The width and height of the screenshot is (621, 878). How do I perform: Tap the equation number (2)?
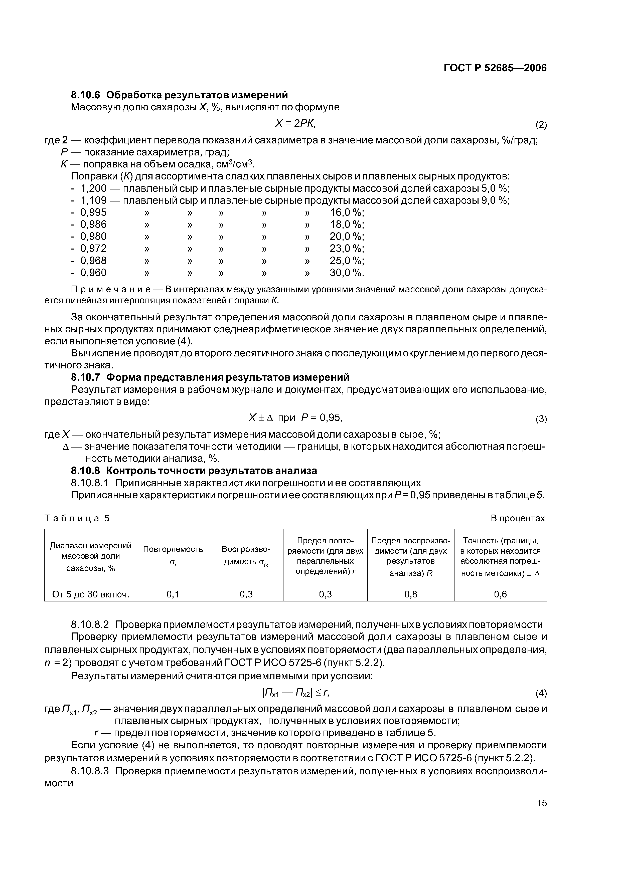pyautogui.click(x=541, y=125)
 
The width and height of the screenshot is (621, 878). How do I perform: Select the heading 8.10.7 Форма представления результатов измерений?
pyautogui.click(x=210, y=377)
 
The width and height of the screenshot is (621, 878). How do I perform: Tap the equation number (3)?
pyautogui.click(x=541, y=419)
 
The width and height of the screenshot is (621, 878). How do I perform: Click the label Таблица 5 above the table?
pyautogui.click(x=77, y=518)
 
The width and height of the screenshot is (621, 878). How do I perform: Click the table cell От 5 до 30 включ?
pyautogui.click(x=91, y=594)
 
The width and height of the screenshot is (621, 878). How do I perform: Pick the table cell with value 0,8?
pyautogui.click(x=411, y=594)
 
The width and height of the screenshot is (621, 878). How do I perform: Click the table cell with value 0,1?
pyautogui.click(x=173, y=594)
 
